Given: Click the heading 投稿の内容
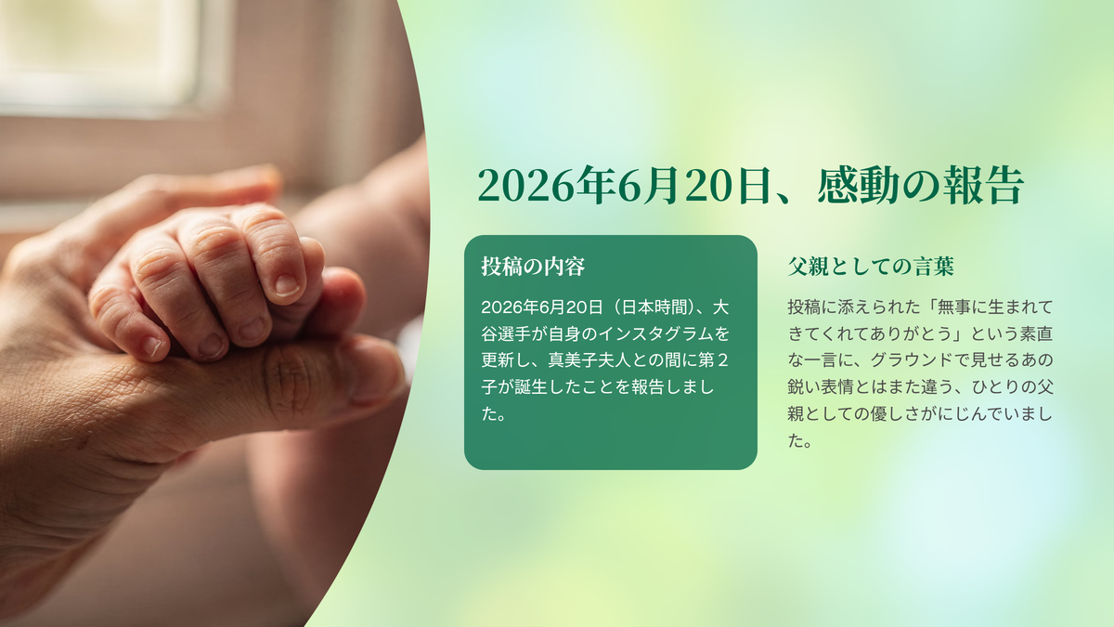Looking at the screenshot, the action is (533, 267).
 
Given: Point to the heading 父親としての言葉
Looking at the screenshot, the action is (871, 267).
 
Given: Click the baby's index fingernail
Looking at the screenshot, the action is (288, 286).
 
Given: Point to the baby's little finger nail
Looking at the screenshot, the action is (151, 346).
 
